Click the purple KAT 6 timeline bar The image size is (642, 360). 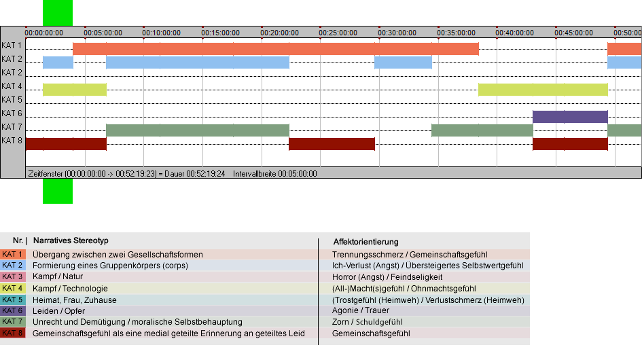point(570,117)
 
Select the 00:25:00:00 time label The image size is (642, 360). point(338,33)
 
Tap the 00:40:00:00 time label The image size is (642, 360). point(515,33)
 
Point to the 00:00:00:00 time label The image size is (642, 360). point(43,33)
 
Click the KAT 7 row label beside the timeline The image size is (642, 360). point(12,126)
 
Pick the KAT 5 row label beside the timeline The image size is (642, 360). point(12,100)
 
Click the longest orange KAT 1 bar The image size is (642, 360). point(276,49)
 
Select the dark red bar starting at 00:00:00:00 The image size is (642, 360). point(66,144)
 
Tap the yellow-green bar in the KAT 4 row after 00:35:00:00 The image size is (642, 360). point(543,89)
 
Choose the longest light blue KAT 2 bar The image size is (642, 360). point(197,62)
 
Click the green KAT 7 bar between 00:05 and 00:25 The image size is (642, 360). point(197,130)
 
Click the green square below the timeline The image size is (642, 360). point(58,191)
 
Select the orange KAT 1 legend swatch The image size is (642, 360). point(13,254)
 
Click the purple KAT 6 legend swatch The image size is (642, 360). point(13,310)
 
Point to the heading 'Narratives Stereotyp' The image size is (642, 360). point(71,240)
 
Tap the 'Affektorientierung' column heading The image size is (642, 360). point(365,242)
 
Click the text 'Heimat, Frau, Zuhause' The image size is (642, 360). point(75,300)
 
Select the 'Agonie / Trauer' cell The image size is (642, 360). point(361,310)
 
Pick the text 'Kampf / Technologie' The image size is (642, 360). point(70,288)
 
